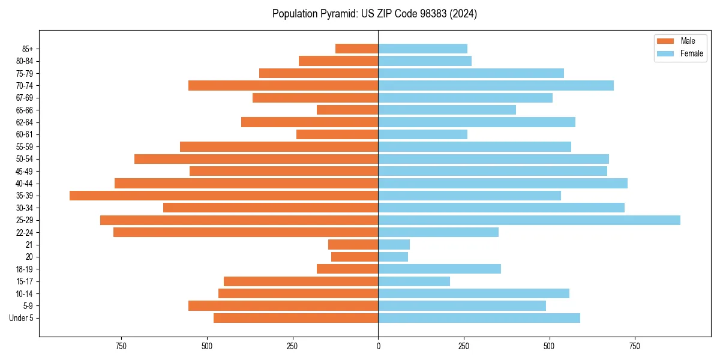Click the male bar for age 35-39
224,196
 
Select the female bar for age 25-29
529,220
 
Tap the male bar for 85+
356,49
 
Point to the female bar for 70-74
496,85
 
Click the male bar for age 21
353,245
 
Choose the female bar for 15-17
414,281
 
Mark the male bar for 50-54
256,159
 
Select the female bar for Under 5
479,318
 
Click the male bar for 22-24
245,232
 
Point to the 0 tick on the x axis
378,346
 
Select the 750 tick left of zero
121,346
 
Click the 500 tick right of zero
549,346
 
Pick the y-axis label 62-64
25,122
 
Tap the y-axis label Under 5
22,318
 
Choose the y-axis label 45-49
25,171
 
